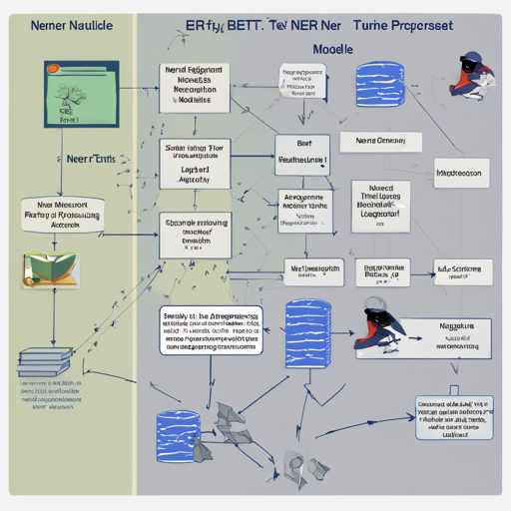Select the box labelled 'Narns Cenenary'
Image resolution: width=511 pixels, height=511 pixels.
[375, 143]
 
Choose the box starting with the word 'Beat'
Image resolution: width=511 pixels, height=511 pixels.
[302, 151]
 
